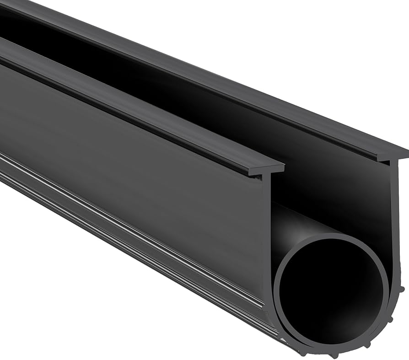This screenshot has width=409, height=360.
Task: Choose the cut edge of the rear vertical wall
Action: point(394,220)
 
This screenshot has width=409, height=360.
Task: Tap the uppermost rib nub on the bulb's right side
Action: point(402,289)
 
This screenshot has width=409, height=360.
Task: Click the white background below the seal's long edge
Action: point(91,297)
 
